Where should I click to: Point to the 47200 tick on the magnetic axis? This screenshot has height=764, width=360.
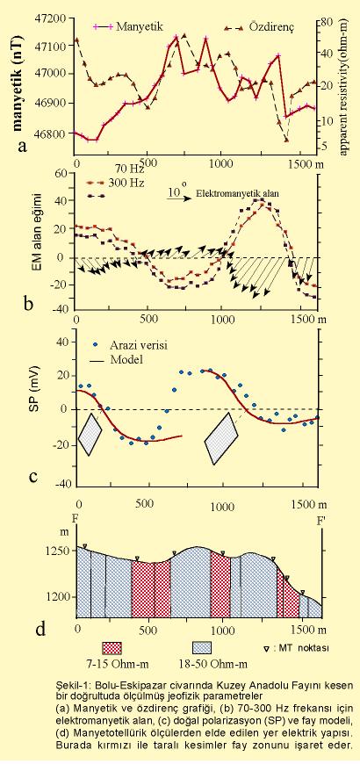coord(51,18)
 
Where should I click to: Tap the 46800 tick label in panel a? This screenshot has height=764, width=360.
coord(51,133)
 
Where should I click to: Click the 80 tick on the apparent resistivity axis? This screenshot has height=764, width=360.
coord(327,22)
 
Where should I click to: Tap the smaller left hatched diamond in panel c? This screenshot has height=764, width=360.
coord(90,434)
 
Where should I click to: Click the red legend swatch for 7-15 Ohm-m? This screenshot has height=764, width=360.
coord(112,648)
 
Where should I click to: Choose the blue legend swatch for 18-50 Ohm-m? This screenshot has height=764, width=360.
coord(203,648)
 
